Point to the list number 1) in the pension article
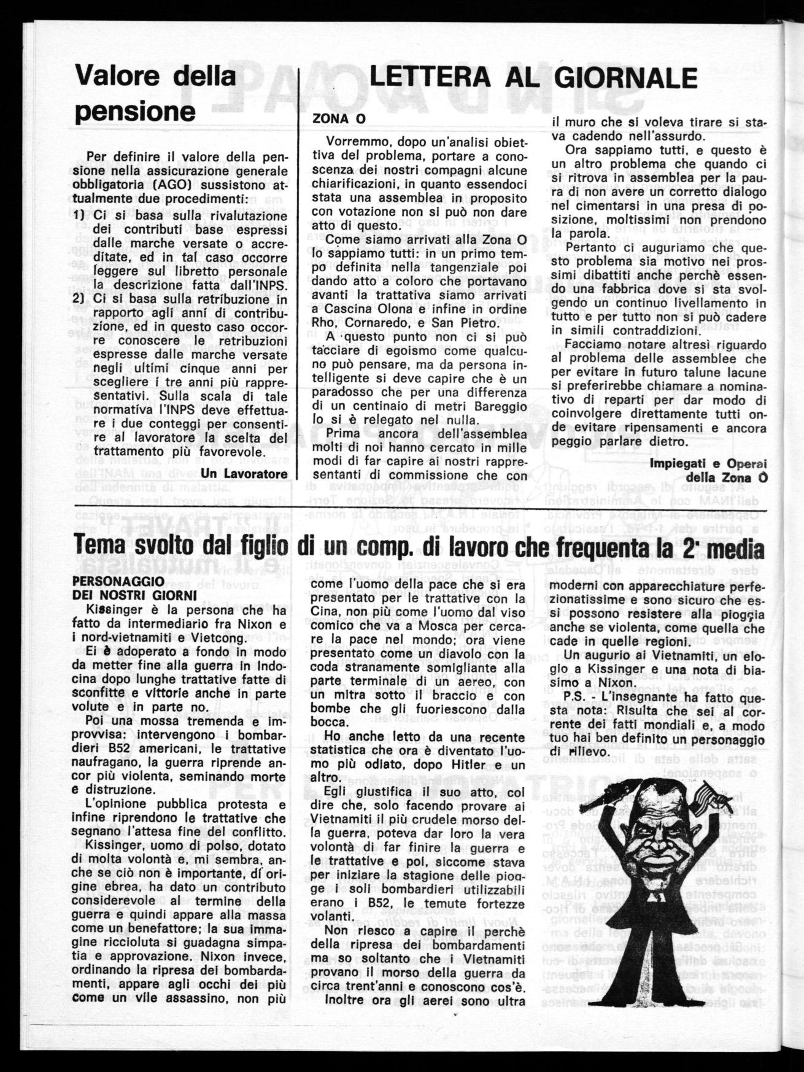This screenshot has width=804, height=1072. [82, 216]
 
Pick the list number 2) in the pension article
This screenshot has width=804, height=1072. [82, 299]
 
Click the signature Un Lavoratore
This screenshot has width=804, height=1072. [244, 474]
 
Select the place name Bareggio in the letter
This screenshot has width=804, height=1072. [501, 406]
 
